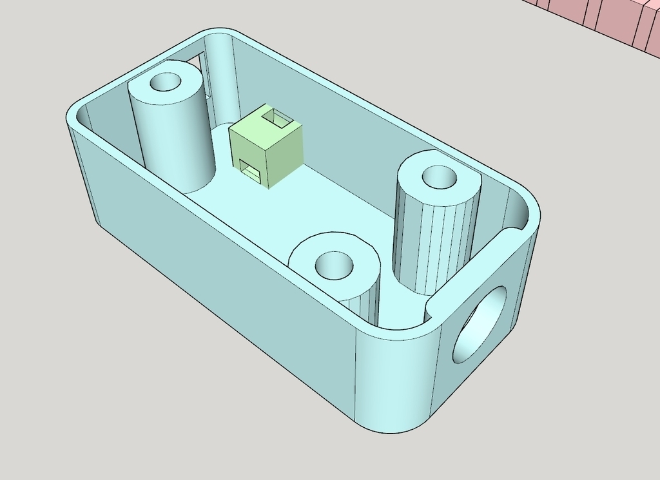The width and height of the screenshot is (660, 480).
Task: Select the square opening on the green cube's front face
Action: [x=249, y=169]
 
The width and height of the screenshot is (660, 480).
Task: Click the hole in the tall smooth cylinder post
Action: [x=166, y=82]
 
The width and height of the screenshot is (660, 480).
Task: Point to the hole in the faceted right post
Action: [x=439, y=176]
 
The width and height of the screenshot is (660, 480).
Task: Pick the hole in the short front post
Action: [x=333, y=264]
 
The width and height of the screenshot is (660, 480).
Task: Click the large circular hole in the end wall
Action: [x=480, y=325]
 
